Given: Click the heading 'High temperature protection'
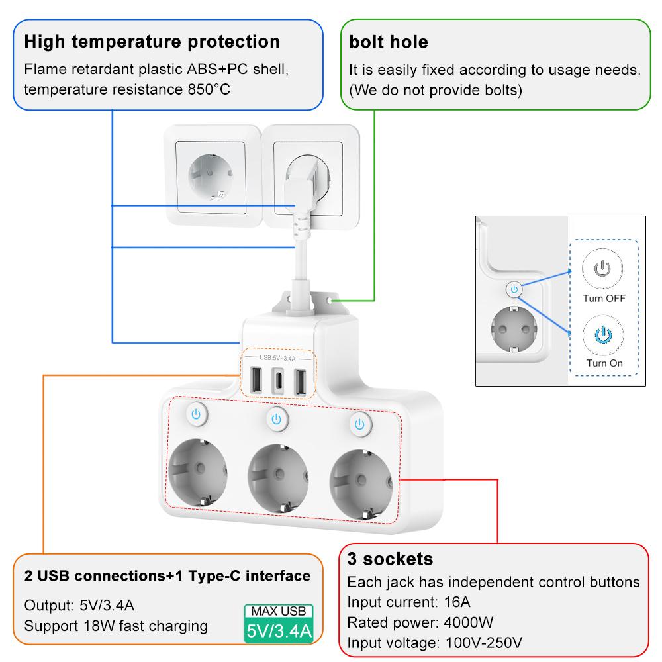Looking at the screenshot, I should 152,42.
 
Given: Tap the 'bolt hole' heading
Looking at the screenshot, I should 389,42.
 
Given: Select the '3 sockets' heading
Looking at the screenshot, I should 390,559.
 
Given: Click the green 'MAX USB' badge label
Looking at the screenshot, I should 278,611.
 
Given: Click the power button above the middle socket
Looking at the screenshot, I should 277,418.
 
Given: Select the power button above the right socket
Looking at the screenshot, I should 359,423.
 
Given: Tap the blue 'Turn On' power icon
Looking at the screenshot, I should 602,334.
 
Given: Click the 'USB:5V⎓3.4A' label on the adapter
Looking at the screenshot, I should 277,358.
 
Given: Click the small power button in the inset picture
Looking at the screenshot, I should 514,289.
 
